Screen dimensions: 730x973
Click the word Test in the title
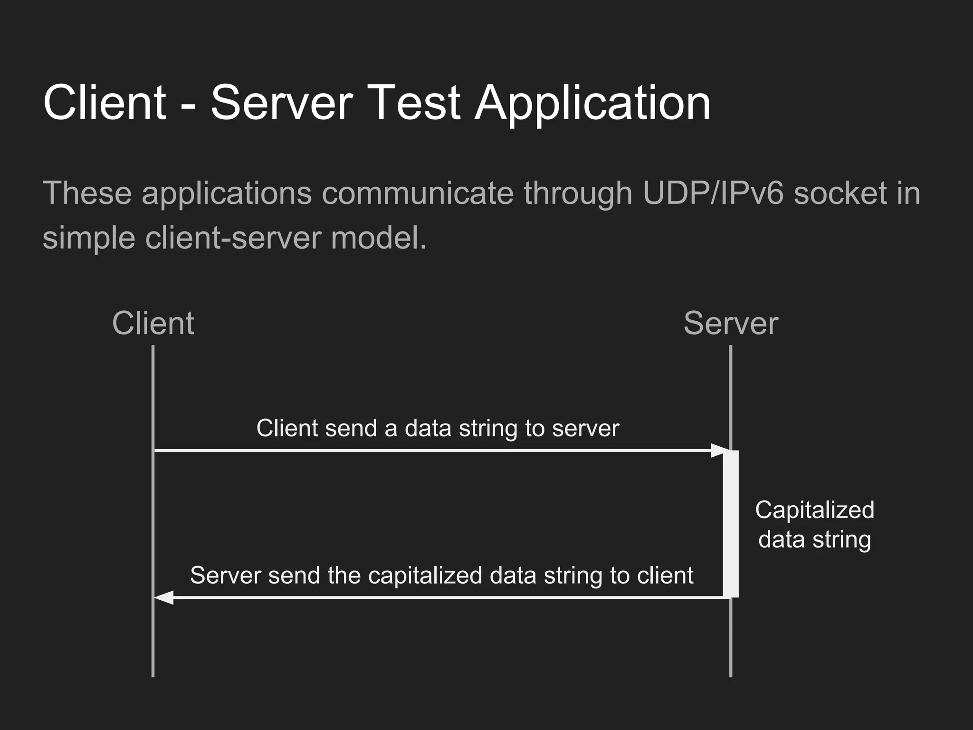point(412,103)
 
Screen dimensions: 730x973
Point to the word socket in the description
point(840,193)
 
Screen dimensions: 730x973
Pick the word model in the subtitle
point(378,237)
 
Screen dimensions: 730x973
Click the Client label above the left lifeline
point(153,324)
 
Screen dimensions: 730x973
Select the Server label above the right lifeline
point(730,324)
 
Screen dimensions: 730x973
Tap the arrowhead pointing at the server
point(719,450)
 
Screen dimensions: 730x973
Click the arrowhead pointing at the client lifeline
point(164,598)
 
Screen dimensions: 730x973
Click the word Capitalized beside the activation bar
point(814,510)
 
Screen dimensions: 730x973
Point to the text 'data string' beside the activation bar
point(814,539)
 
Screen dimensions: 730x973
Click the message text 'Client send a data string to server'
point(438,428)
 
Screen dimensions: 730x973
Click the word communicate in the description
point(418,193)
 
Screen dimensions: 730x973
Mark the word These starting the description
point(87,193)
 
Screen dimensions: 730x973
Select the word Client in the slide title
point(105,103)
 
